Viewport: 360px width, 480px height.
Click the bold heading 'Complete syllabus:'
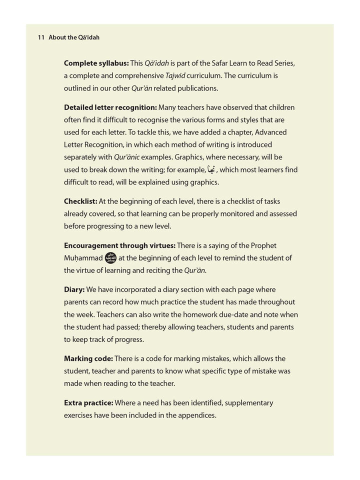click(x=96, y=63)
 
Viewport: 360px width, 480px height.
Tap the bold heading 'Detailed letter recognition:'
click(x=110, y=107)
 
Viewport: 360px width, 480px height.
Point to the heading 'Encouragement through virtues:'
click(x=119, y=245)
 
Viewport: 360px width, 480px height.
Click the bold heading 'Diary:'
click(x=74, y=289)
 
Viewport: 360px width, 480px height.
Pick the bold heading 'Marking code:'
click(x=88, y=358)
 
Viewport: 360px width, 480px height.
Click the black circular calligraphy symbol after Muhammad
click(x=110, y=258)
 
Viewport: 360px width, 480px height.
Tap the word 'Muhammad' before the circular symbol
click(x=83, y=258)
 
